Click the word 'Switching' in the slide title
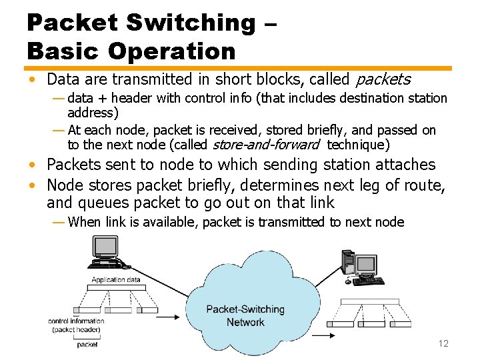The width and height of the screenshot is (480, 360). pos(190,23)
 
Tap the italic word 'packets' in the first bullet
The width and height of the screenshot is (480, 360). pos(383,80)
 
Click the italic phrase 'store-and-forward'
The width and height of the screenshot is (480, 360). pos(266,145)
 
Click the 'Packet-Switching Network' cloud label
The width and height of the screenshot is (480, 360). pos(245,316)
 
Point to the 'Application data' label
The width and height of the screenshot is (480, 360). pos(116,280)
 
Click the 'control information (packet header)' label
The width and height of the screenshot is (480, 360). pos(76,325)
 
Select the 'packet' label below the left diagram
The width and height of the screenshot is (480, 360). pos(87,345)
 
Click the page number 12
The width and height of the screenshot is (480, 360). pos(443,343)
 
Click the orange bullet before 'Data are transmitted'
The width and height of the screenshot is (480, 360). pos(32,80)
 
